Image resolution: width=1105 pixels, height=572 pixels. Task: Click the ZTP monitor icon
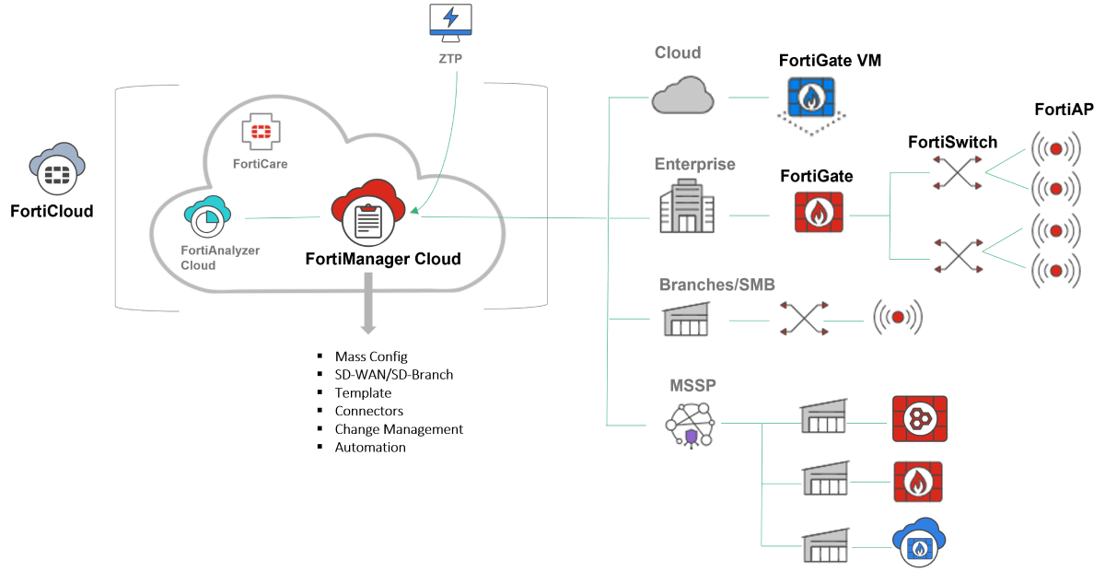pyautogui.click(x=450, y=23)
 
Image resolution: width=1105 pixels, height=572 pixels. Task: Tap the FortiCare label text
pyautogui.click(x=261, y=164)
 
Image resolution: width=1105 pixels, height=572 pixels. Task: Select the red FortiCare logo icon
pyautogui.click(x=261, y=132)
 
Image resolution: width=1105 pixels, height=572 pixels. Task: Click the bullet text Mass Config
pyautogui.click(x=371, y=356)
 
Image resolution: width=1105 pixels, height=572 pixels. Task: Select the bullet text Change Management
pyautogui.click(x=399, y=429)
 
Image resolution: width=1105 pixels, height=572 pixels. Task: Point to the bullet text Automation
pyautogui.click(x=370, y=448)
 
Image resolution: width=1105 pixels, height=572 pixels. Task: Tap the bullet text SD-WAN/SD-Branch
pyautogui.click(x=394, y=375)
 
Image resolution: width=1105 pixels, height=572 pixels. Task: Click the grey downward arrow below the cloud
pyautogui.click(x=367, y=305)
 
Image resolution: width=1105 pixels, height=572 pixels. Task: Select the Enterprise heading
pyautogui.click(x=694, y=165)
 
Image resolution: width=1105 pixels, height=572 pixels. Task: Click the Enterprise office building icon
pyautogui.click(x=686, y=207)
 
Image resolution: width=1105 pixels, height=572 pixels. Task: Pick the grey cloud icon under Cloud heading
pyautogui.click(x=682, y=95)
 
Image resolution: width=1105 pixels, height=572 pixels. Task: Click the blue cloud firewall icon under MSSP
pyautogui.click(x=918, y=542)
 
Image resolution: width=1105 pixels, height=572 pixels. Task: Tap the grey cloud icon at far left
pyautogui.click(x=58, y=169)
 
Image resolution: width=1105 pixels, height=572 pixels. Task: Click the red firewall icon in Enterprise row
pyautogui.click(x=819, y=213)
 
